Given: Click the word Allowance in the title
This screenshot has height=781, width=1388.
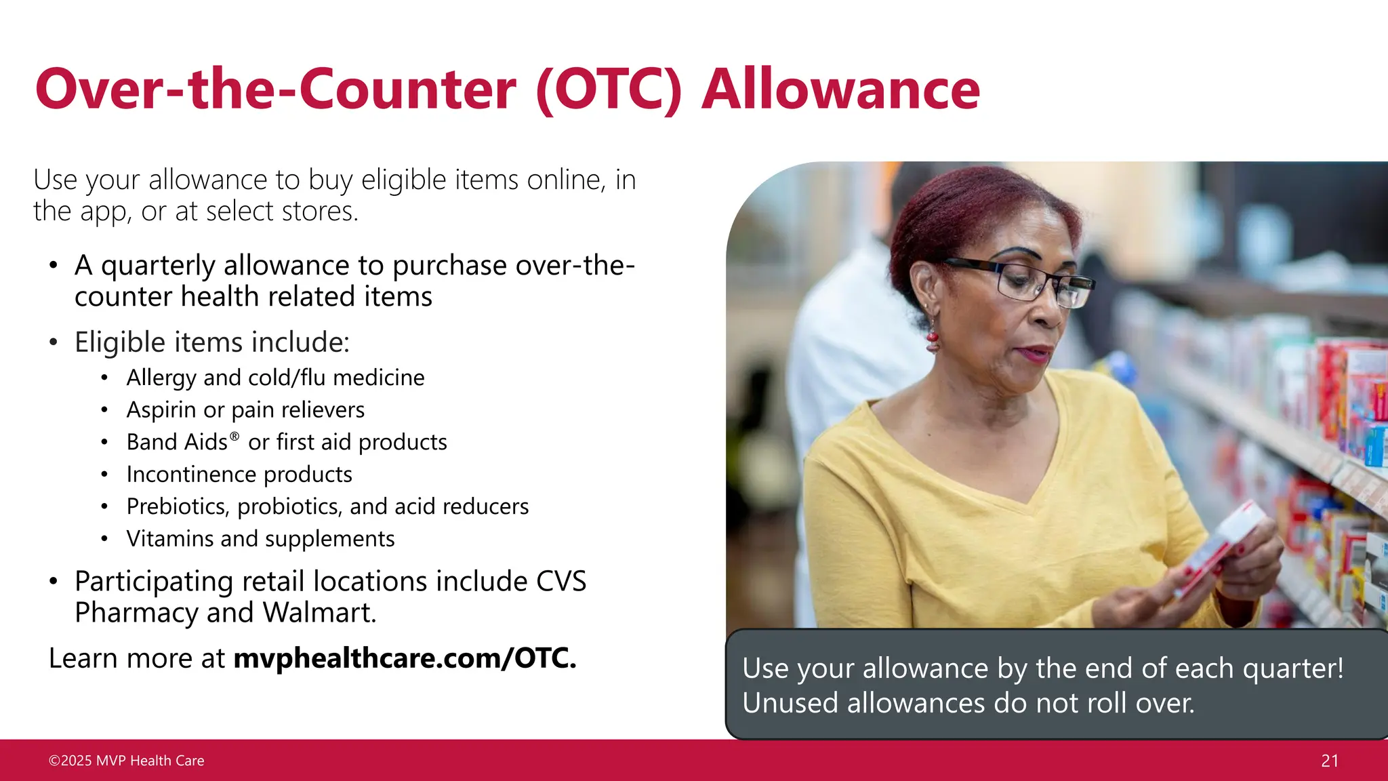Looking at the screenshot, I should [x=840, y=89].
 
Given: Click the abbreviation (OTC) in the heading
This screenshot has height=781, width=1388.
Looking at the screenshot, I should [x=608, y=89].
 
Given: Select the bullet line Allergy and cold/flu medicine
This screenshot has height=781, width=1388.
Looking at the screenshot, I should [x=275, y=378].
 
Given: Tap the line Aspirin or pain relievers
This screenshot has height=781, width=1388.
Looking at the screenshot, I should [x=245, y=410].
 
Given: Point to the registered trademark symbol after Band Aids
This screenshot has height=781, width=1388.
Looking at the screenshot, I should [x=234, y=437].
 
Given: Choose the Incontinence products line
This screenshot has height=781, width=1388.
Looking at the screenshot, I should [x=239, y=475].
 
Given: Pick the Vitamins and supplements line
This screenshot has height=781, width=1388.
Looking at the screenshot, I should [x=260, y=539].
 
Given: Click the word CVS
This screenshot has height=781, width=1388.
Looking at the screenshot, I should [x=560, y=582].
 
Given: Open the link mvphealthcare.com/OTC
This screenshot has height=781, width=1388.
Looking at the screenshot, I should [x=405, y=658].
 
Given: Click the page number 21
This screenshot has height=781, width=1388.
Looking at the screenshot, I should [x=1330, y=761].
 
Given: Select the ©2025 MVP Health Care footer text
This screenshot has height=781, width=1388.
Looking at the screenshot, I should [x=126, y=761].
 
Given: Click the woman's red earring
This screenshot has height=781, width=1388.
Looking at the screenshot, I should [x=933, y=337].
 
